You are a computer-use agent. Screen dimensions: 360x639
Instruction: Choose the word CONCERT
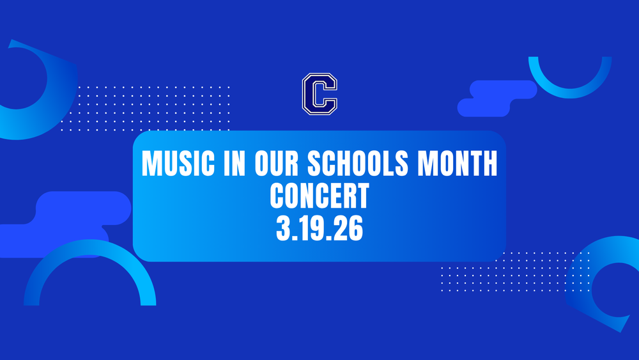click(319, 196)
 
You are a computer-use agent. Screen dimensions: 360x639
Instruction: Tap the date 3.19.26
click(319, 227)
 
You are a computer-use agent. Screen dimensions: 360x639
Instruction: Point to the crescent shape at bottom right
click(607, 288)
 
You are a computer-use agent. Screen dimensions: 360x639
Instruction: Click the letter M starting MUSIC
click(150, 165)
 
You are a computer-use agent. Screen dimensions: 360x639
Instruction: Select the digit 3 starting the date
click(283, 227)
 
